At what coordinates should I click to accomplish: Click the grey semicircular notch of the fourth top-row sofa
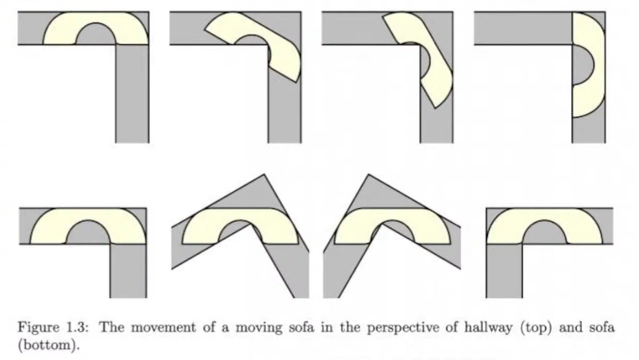pyautogui.click(x=582, y=65)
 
